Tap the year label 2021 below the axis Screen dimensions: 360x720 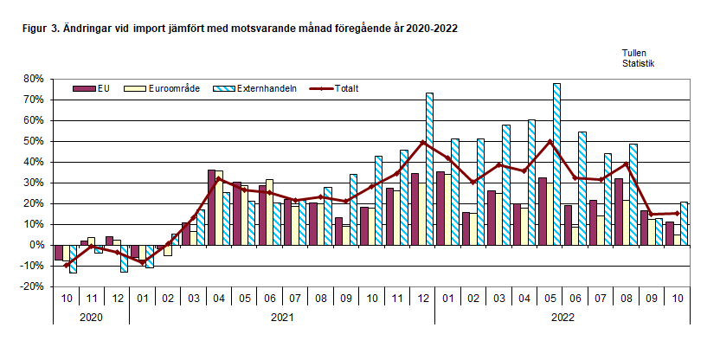(280, 317)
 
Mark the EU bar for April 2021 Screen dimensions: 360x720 (211, 208)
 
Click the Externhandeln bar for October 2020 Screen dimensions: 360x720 (73, 259)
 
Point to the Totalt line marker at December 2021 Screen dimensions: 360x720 (422, 142)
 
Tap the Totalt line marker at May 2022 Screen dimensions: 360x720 (550, 141)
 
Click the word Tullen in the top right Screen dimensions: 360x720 (634, 53)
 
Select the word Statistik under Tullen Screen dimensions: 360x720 (638, 63)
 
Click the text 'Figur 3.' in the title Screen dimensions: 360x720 (42, 29)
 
